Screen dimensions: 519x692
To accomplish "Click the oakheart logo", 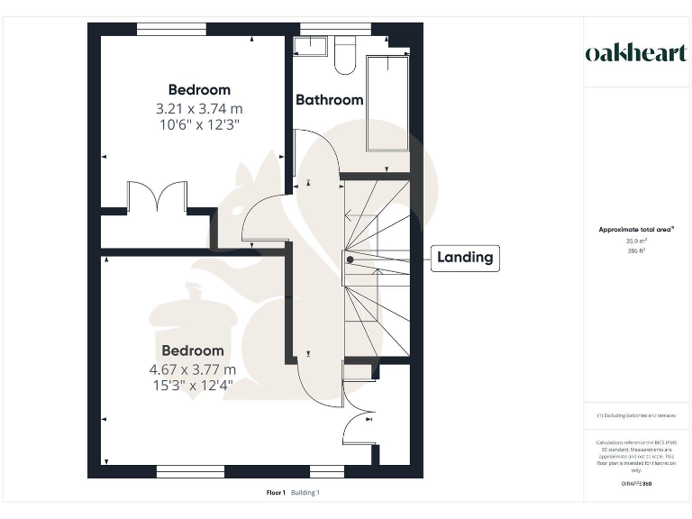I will tap(636, 52).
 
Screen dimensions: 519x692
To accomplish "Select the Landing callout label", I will tap(465, 258).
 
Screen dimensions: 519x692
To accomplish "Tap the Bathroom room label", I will tap(330, 100).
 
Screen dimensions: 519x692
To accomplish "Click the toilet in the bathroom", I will tap(344, 56).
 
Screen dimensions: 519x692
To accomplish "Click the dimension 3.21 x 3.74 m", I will tap(199, 108).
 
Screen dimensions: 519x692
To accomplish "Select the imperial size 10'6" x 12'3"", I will tap(199, 124).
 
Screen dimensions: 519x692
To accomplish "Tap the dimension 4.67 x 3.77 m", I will tap(193, 369).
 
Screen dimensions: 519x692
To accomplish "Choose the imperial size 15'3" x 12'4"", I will tap(193, 386).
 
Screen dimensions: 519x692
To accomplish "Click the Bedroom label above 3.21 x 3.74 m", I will tap(199, 90).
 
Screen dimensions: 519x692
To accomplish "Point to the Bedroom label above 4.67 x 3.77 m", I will tap(193, 351).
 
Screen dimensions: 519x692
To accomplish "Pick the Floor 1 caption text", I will tap(276, 493).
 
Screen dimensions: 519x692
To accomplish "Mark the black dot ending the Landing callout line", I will tap(350, 259).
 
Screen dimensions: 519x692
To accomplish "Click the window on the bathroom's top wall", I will tap(335, 28).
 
